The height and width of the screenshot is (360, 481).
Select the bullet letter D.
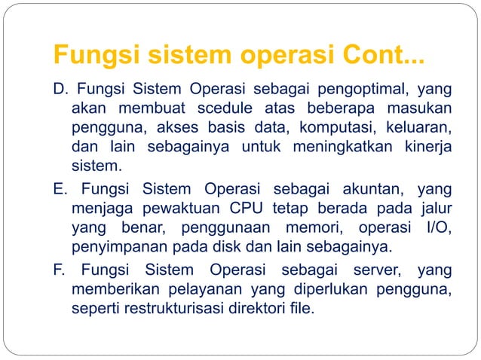coord(58,93)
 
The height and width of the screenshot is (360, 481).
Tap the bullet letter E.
coord(58,188)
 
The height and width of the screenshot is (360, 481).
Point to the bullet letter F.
coord(58,270)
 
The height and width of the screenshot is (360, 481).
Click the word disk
coord(232,246)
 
